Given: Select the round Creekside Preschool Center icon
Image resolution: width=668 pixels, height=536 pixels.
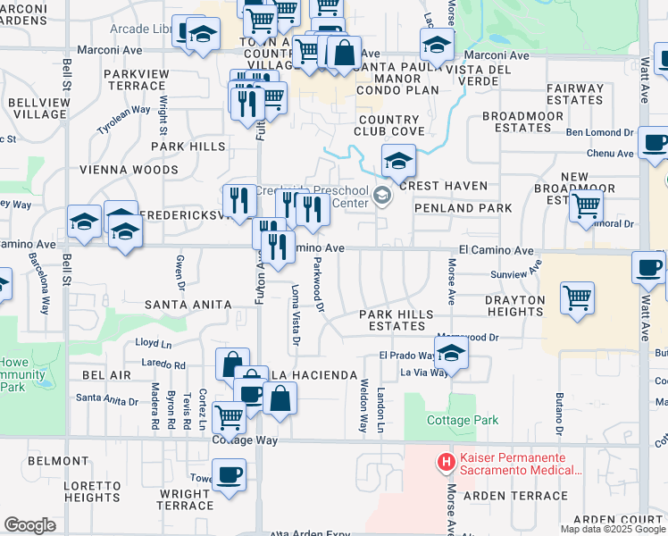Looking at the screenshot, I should click(x=383, y=197).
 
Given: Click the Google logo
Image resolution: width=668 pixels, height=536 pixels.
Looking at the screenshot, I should click(x=29, y=524).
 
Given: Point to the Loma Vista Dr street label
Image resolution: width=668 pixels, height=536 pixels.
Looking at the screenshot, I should click(x=296, y=316).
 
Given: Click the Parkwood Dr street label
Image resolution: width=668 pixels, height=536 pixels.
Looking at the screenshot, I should click(x=318, y=285).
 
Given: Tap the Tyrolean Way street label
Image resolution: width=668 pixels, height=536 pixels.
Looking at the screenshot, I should click(x=123, y=118).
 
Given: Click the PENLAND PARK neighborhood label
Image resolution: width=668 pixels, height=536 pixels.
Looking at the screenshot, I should click(x=475, y=208).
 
